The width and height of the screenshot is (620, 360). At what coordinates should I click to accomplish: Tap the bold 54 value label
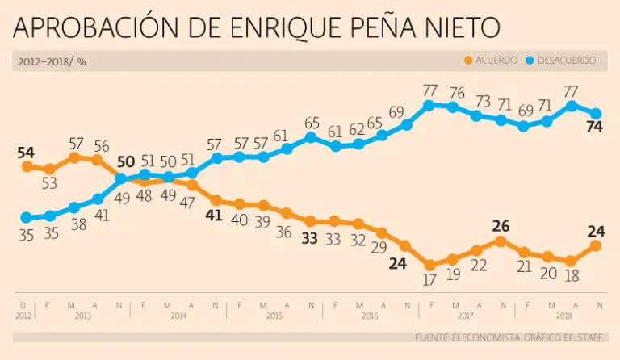coord(27,153)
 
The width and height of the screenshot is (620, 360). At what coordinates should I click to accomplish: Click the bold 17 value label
coord(429,279)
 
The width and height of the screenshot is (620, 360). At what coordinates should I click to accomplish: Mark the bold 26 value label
coord(501,226)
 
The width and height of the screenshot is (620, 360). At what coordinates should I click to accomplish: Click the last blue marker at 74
coord(596,113)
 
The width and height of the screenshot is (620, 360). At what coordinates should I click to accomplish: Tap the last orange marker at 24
coord(596,245)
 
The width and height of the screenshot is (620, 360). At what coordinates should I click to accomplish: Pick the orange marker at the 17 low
coord(429,265)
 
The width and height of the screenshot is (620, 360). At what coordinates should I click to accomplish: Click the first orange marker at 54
coord(27,165)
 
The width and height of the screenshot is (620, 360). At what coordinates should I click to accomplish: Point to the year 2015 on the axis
coord(274,315)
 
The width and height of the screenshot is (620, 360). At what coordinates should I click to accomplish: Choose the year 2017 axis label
coord(465,315)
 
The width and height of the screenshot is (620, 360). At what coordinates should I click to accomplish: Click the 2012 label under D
coord(23,315)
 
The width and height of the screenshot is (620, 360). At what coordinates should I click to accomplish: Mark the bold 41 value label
coord(216,216)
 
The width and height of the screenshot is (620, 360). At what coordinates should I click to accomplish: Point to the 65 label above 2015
coord(311,123)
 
